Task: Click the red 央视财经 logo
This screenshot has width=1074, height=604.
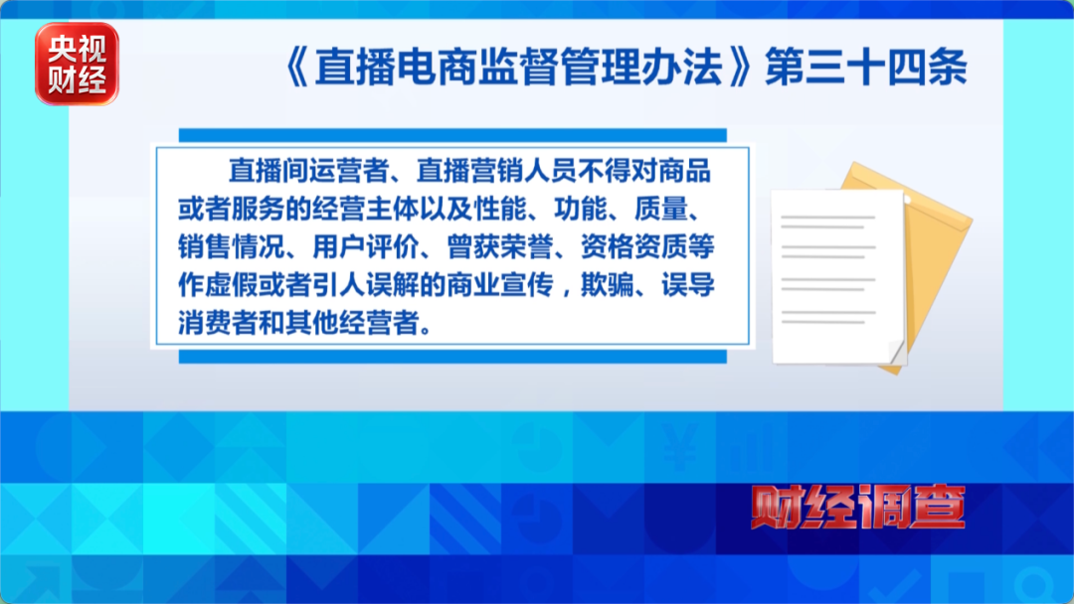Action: [x=77, y=64]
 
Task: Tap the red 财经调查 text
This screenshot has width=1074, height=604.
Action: [x=858, y=507]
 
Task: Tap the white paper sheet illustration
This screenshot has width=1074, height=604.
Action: [x=838, y=276]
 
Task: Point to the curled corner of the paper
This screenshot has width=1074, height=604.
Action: [x=897, y=353]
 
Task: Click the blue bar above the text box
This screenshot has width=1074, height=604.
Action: [x=452, y=135]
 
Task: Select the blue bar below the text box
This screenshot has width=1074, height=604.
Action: [x=452, y=357]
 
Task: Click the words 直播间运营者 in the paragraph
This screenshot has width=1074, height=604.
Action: [x=309, y=171]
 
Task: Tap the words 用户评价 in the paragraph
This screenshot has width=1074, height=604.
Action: [x=365, y=247]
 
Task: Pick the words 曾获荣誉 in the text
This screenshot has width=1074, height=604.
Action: [x=499, y=247]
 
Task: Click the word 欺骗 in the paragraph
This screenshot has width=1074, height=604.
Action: [x=608, y=284]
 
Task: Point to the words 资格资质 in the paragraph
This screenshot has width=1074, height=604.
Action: [x=633, y=247]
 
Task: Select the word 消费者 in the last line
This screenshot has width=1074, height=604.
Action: [x=219, y=323]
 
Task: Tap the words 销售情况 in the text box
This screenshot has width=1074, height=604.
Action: [x=232, y=247]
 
